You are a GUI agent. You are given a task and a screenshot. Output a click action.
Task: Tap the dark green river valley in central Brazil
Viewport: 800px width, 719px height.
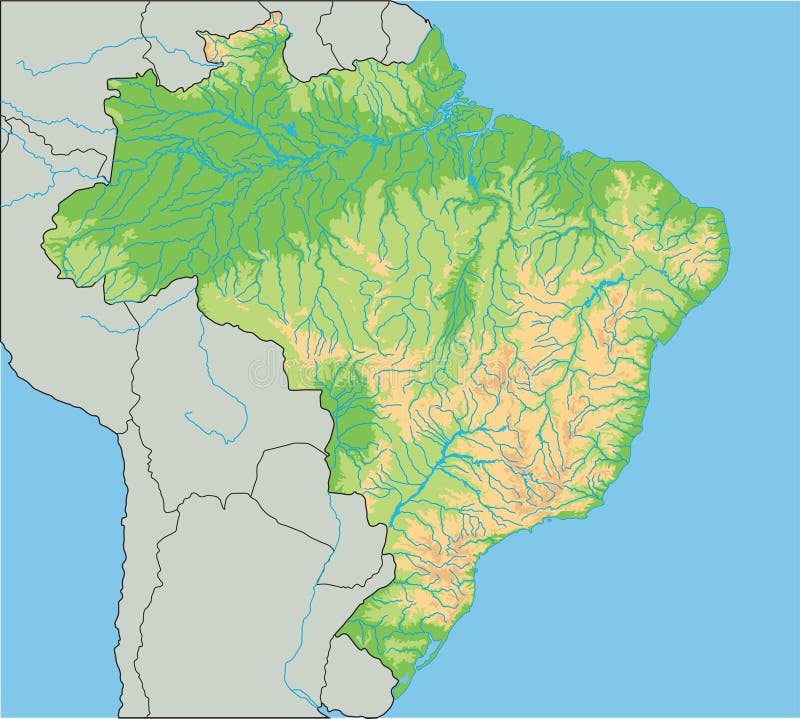pos(460,300)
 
